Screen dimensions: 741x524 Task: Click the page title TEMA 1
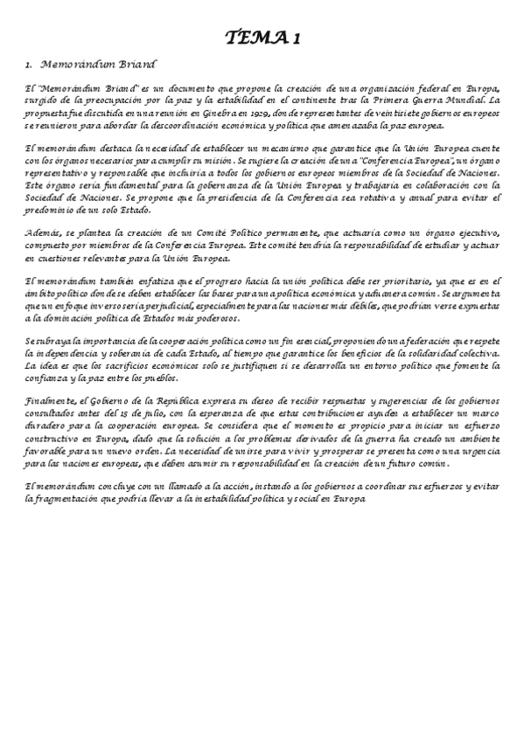(x=262, y=38)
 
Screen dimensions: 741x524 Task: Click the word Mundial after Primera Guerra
(x=468, y=101)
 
